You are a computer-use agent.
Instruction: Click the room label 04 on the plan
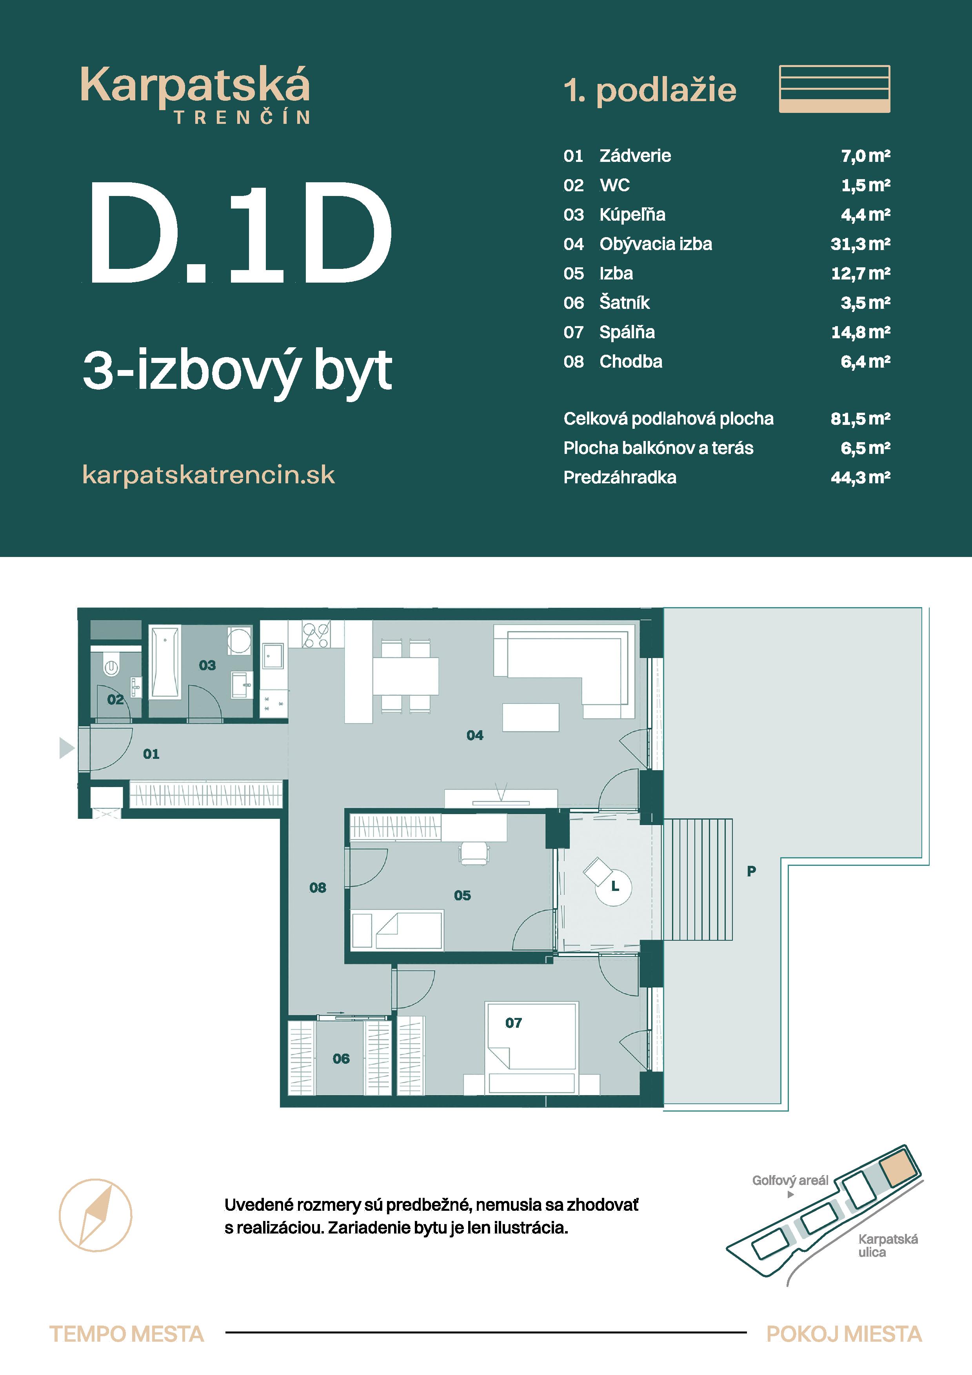(474, 735)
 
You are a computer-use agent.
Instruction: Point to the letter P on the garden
(751, 871)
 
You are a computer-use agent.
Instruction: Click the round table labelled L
(614, 886)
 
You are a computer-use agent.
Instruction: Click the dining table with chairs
(405, 676)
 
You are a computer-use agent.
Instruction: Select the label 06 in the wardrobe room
(341, 1058)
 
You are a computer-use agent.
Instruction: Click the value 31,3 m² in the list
(860, 244)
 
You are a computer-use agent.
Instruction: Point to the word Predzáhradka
(620, 477)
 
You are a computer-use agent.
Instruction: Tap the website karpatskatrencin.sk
(209, 475)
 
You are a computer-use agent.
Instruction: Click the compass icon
(95, 1215)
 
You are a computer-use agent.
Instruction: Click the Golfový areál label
(790, 1180)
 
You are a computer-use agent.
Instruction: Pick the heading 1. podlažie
(650, 91)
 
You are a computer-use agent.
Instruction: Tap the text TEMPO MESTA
(126, 1334)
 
